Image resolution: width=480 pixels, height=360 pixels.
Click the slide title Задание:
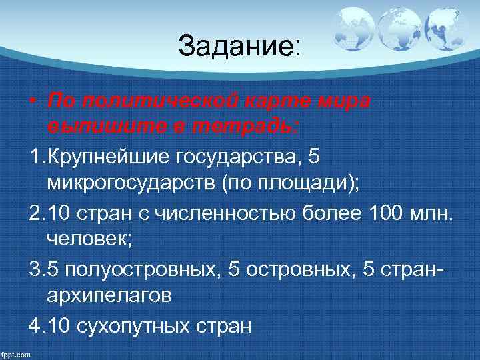240,46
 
